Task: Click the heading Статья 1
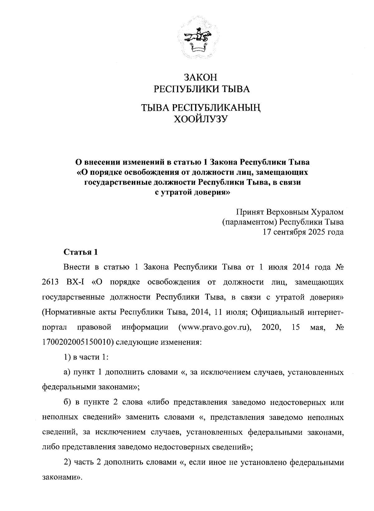pos(81,252)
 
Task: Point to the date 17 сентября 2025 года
pos(303,232)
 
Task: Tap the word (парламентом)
pos(250,222)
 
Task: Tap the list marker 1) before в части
pos(67,357)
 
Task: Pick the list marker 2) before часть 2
pos(67,462)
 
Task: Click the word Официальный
pos(278,312)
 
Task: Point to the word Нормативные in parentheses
pos(64,312)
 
